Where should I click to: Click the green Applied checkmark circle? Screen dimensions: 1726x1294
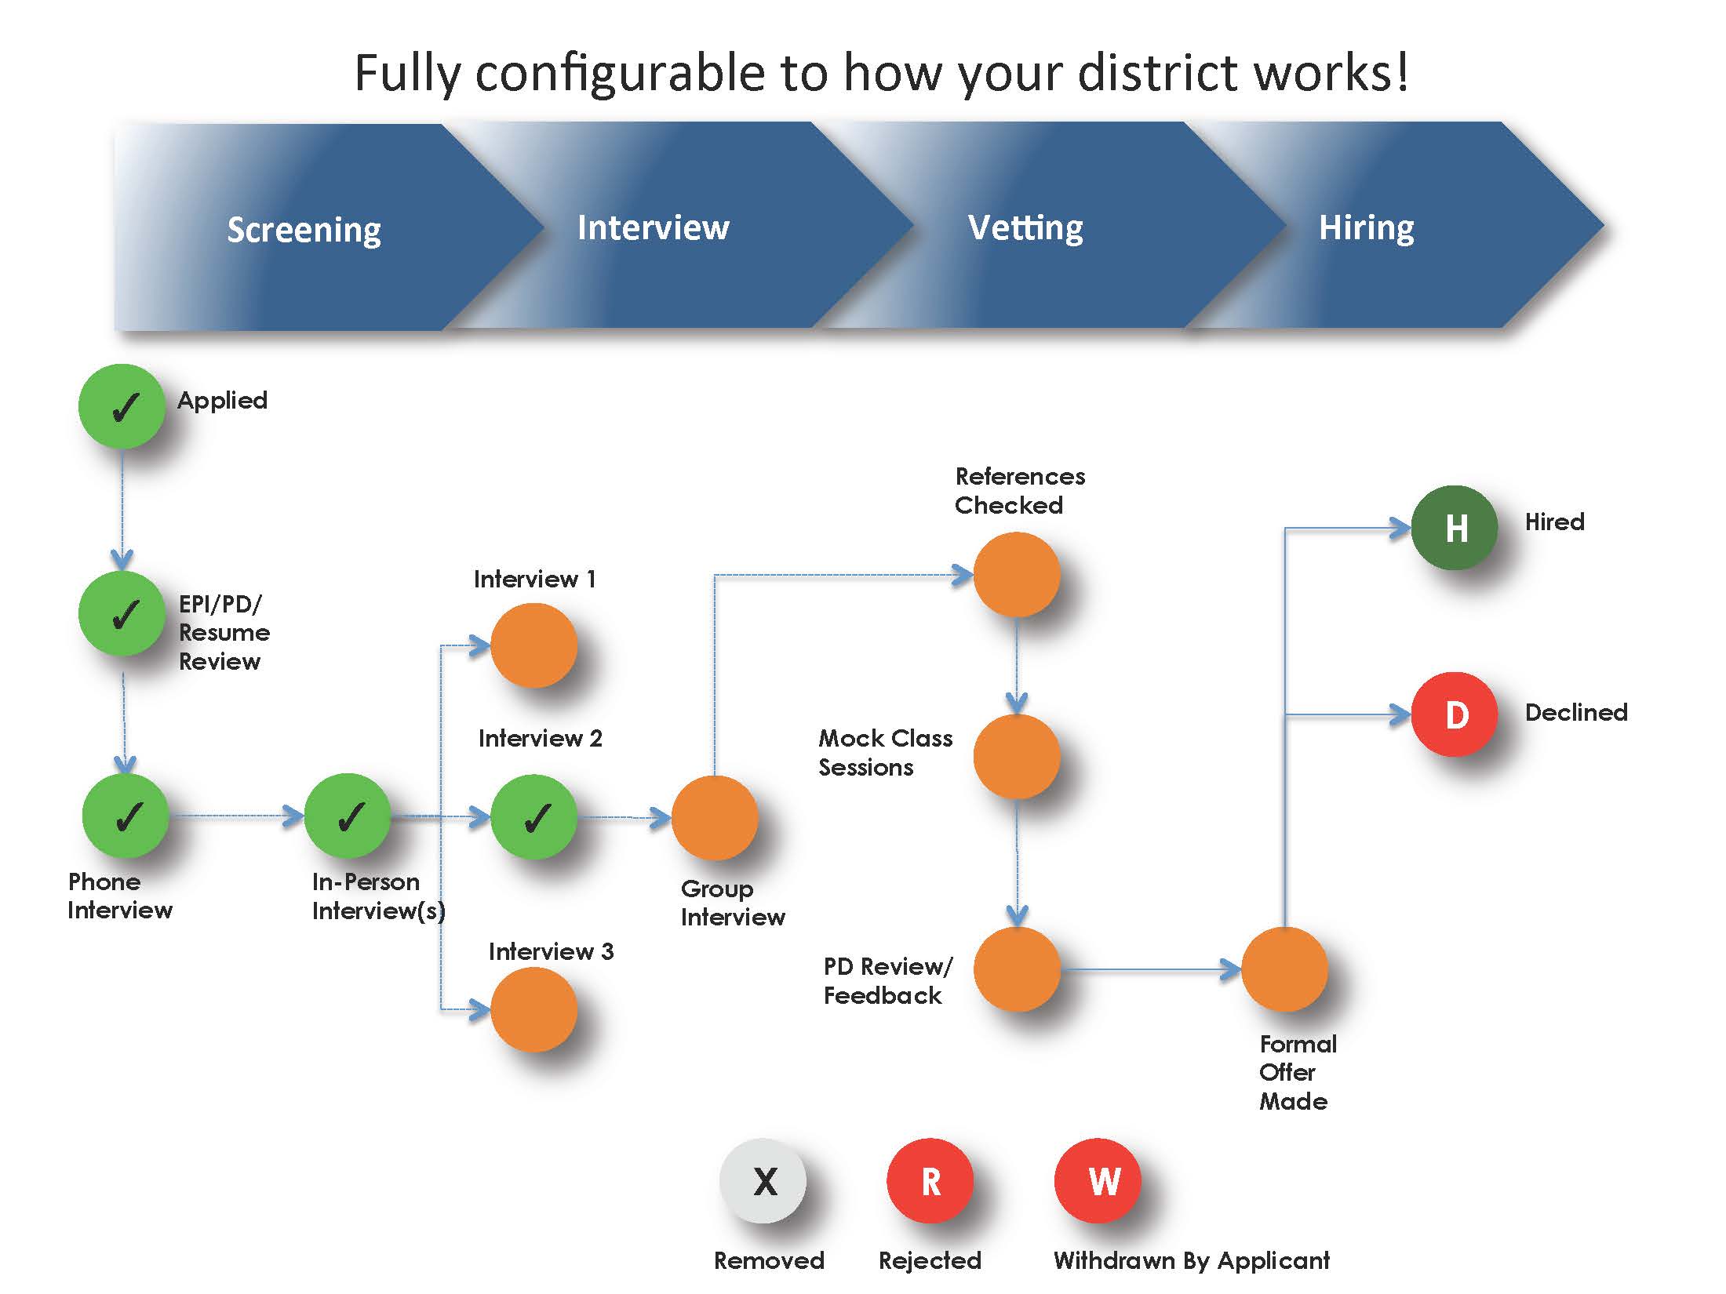[122, 406]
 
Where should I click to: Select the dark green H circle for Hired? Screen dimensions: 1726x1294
[1455, 528]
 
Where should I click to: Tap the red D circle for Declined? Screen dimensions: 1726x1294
[1455, 714]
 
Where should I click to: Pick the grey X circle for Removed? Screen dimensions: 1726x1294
[763, 1180]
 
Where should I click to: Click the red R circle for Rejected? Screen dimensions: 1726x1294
[930, 1180]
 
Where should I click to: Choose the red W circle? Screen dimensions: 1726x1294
[1098, 1180]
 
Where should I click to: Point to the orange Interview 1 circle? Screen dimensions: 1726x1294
[533, 645]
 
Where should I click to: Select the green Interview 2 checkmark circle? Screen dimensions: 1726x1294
[533, 817]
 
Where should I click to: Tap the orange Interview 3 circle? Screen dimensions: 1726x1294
[533, 1009]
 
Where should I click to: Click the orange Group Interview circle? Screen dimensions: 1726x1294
[715, 818]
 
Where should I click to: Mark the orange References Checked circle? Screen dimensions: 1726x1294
[1017, 575]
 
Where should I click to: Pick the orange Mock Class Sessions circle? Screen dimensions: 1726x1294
[1017, 757]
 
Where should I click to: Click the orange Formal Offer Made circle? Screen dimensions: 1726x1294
[1284, 969]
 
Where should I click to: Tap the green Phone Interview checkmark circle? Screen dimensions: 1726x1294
[126, 816]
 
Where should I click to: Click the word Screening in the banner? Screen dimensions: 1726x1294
[304, 231]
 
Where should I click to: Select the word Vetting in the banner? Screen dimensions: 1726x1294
[1025, 227]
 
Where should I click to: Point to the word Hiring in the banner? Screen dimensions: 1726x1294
[1366, 228]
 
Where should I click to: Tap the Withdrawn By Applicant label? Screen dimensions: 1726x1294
[1192, 1260]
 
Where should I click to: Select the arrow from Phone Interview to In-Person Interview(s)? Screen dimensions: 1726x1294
[237, 816]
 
